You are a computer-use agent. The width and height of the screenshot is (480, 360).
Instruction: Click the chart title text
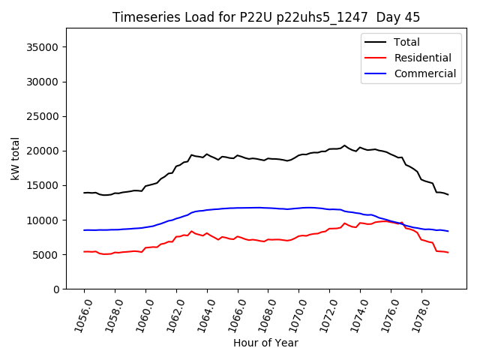click(266, 17)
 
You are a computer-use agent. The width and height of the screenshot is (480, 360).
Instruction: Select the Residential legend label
click(422, 58)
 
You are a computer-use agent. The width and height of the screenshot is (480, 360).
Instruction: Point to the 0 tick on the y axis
click(56, 289)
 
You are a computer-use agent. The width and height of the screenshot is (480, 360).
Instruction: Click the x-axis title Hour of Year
click(265, 343)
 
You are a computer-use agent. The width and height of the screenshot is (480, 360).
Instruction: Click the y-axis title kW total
click(15, 159)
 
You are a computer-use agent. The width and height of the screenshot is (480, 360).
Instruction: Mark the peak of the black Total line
click(345, 145)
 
